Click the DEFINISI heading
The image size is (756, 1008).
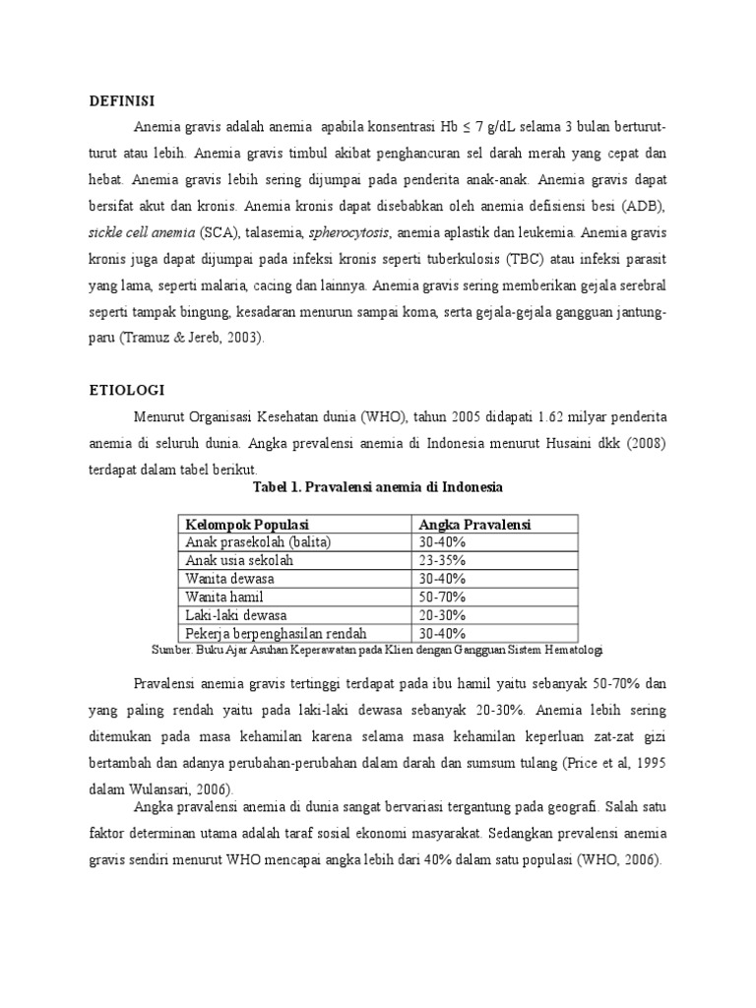[123, 100]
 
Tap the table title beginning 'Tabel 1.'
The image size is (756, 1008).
[377, 487]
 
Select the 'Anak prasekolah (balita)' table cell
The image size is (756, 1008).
[258, 542]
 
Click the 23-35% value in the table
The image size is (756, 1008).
[442, 560]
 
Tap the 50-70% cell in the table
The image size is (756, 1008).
[442, 597]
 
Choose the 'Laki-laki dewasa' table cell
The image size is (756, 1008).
[236, 614]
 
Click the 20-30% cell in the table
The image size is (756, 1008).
[442, 614]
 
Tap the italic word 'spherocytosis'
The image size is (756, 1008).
[349, 233]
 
